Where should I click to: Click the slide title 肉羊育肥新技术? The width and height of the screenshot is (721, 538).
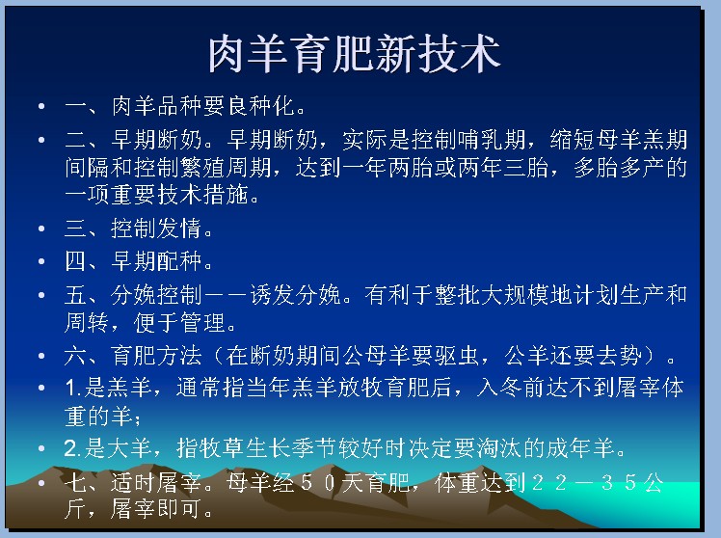pos(354,54)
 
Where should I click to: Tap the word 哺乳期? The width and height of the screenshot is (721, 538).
pos(492,140)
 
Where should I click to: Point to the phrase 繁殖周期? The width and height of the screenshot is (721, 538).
pos(227,168)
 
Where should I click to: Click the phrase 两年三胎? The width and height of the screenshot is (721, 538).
pos(503,168)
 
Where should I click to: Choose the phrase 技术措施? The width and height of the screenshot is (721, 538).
pos(202,195)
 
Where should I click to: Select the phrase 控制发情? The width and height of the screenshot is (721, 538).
pos(156,229)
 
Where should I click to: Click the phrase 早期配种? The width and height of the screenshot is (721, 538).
pos(156,261)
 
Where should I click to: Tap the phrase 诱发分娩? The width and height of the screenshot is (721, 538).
pos(295,295)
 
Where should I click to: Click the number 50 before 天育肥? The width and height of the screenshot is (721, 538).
pos(317,483)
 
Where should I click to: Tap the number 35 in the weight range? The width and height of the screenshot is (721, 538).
pos(619,483)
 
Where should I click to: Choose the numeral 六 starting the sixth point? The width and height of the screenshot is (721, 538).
pos(75,356)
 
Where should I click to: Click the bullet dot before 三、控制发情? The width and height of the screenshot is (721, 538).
pos(41,229)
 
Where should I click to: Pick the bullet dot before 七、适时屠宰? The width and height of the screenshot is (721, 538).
pos(41,483)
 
